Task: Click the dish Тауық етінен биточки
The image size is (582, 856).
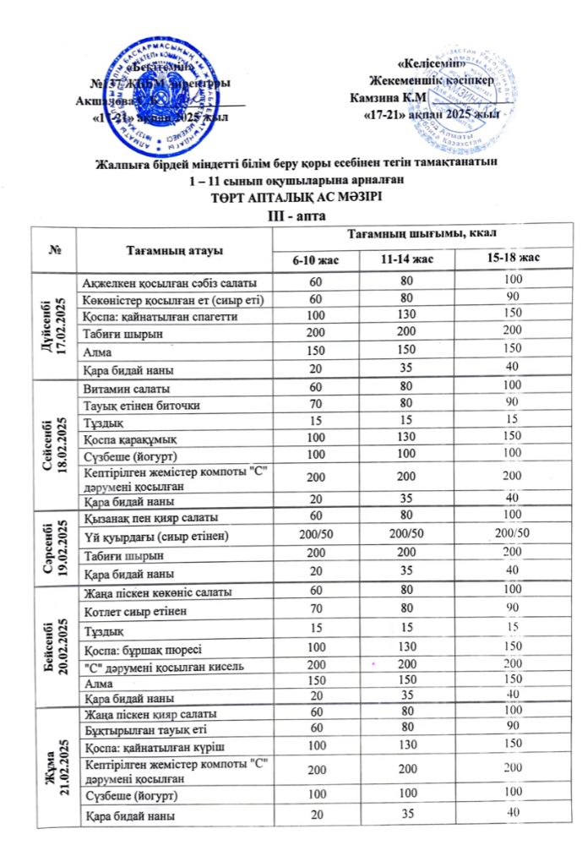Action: coord(139,406)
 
